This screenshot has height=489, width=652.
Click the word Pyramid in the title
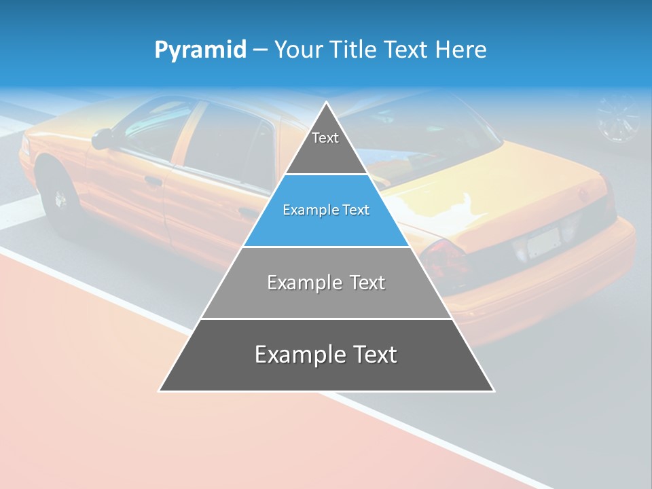(x=200, y=50)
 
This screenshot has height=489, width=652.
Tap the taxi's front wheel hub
(x=60, y=198)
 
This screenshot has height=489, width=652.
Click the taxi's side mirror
(x=102, y=138)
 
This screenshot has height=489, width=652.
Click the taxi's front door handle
(x=153, y=181)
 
